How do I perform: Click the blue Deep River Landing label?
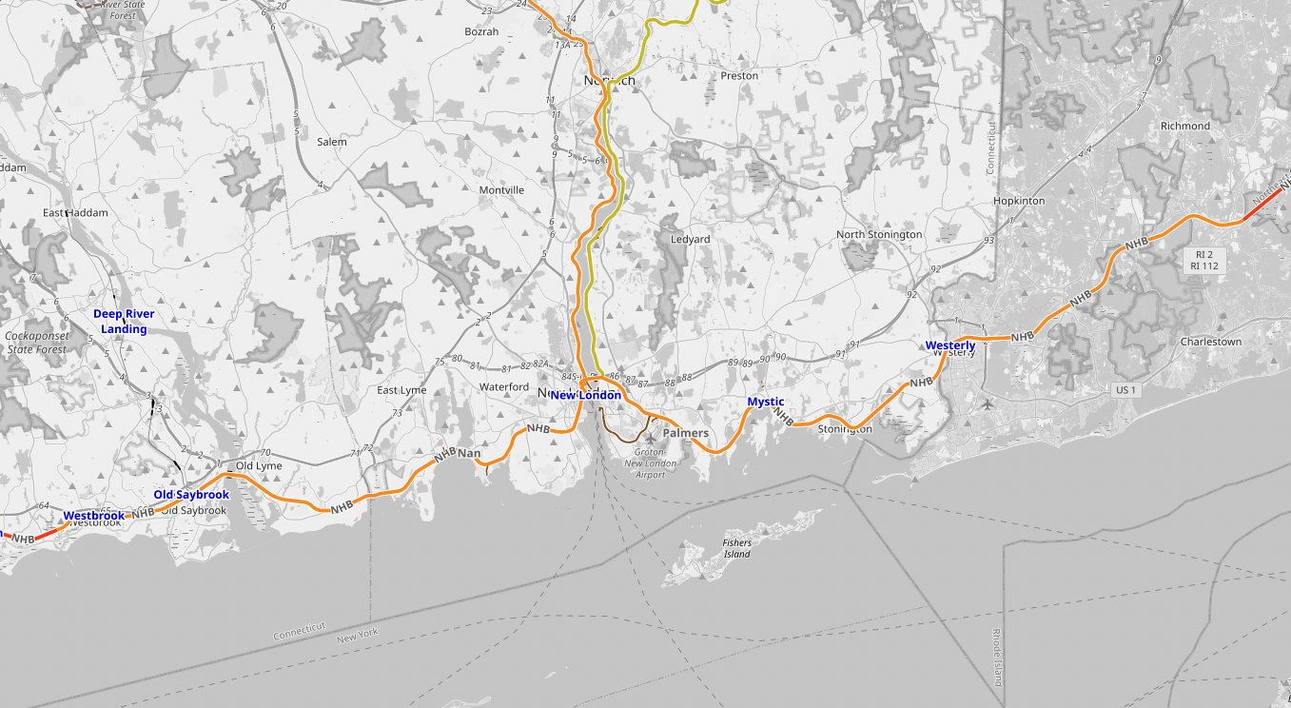(x=124, y=322)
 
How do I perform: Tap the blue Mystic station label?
(x=766, y=402)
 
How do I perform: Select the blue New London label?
(x=585, y=395)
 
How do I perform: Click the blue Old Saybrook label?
(x=191, y=495)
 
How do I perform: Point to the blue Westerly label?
(x=949, y=344)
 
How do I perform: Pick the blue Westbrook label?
(x=93, y=516)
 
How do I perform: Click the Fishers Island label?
(x=736, y=548)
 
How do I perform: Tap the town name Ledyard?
(x=691, y=239)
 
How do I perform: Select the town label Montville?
(x=501, y=190)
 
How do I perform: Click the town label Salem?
(x=332, y=142)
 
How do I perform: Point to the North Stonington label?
(x=879, y=234)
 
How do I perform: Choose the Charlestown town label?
(x=1211, y=342)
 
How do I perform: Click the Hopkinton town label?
(x=1019, y=202)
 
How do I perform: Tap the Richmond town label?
(x=1185, y=126)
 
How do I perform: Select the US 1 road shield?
(x=1126, y=390)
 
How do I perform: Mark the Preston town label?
(x=739, y=75)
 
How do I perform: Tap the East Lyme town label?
(x=401, y=390)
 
